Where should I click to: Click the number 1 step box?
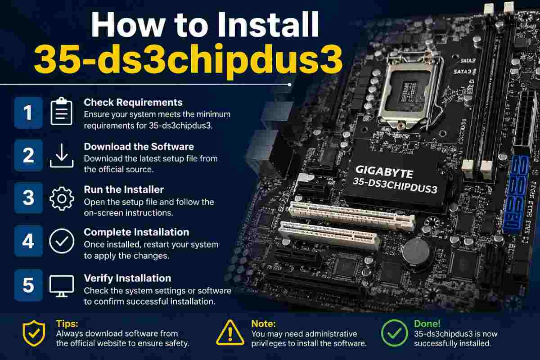click(x=28, y=112)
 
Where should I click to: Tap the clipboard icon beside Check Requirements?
click(x=62, y=112)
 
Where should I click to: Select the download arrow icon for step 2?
click(x=62, y=156)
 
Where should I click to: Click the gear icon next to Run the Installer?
click(x=62, y=198)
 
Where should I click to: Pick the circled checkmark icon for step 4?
click(x=62, y=241)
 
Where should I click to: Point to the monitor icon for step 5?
click(x=62, y=285)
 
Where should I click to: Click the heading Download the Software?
click(x=139, y=146)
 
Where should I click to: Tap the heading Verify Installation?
click(x=127, y=278)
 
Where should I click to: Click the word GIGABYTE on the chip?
click(x=384, y=172)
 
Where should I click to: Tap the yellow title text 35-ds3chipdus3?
click(x=188, y=61)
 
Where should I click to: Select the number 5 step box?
click(x=28, y=285)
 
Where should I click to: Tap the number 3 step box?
click(x=28, y=198)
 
